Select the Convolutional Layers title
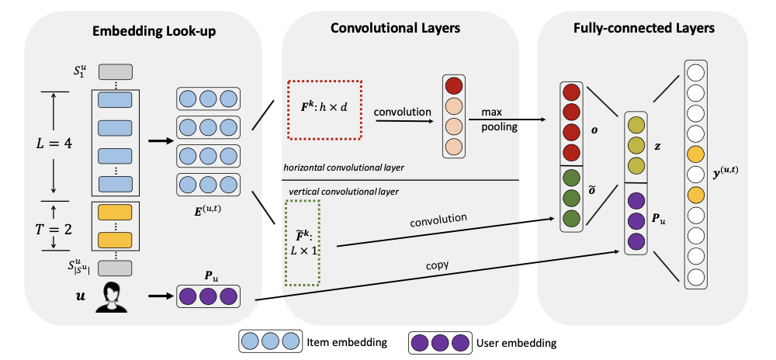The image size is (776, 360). click(x=396, y=29)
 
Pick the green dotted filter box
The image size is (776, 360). click(x=302, y=242)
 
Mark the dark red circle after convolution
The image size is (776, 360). click(x=455, y=85)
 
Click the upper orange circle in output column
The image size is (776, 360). click(x=695, y=152)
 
